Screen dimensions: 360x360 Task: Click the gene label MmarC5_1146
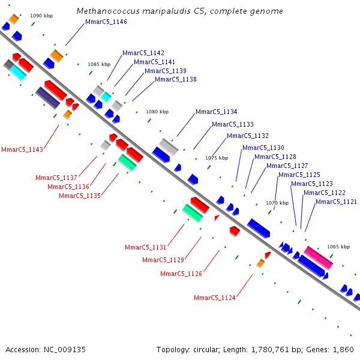[106, 22]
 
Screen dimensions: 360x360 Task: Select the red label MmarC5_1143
[22, 149]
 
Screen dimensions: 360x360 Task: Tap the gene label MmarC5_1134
[216, 112]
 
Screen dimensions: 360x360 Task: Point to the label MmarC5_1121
[336, 202]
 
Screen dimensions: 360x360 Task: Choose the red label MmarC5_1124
[215, 298]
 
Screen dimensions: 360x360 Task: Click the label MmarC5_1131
[145, 247]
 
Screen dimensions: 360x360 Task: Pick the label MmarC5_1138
[175, 79]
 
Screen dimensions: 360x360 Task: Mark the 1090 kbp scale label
[41, 15]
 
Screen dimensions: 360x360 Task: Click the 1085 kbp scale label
[99, 64]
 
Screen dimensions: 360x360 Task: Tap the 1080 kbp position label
[157, 112]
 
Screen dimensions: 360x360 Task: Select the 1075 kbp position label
[217, 158]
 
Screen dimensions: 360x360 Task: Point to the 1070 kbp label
[277, 203]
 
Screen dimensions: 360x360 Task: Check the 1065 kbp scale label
[338, 246]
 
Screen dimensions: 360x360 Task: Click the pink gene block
[318, 257]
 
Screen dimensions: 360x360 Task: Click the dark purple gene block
[47, 97]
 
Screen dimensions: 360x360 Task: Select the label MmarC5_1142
[143, 53]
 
